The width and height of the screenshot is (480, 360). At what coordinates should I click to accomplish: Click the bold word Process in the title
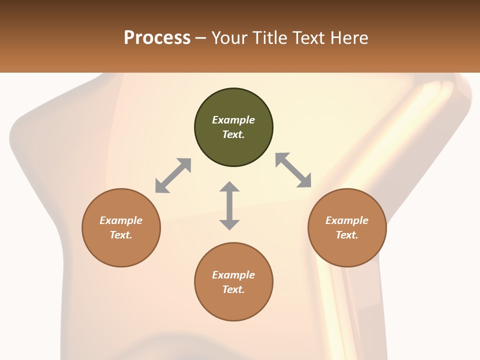pos(157,38)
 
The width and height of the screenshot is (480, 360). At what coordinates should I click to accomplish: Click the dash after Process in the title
pos(201,38)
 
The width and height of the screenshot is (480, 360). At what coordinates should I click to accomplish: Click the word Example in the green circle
pos(233,120)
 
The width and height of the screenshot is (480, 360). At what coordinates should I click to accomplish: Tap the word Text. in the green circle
pos(233,134)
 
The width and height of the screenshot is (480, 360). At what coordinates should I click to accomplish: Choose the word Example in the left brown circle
pos(121,220)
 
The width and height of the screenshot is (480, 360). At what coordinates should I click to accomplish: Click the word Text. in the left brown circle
pos(121,235)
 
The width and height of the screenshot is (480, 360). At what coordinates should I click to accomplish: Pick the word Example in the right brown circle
pos(347,220)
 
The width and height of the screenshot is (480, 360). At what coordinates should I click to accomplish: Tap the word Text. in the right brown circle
pos(347,235)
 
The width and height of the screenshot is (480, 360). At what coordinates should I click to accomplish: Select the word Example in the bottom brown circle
pos(233,275)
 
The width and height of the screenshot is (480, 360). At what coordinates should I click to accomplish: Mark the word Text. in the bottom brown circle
pos(233,289)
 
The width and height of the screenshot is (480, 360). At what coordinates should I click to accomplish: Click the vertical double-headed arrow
pos(229,205)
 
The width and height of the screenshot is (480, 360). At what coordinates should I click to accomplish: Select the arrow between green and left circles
pos(173,175)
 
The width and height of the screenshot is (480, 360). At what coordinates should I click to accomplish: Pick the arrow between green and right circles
pos(293,170)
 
